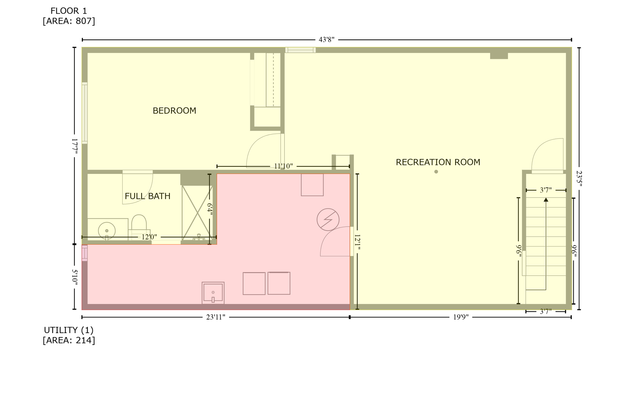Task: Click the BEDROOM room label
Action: coord(174,111)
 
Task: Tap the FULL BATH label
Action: coord(147,196)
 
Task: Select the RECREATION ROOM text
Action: coord(438,162)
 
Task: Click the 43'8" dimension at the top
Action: coord(326,40)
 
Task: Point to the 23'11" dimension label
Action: coord(216,317)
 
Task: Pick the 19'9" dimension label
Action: coord(461,317)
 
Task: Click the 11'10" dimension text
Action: coord(283,166)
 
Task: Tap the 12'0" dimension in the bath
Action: coord(149,237)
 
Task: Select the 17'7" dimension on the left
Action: coord(75,146)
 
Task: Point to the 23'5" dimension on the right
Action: coord(579,179)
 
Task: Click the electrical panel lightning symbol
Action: coord(328,219)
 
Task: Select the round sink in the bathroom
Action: coord(107,230)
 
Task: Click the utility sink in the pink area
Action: coord(213,293)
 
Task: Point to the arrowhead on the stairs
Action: coord(546,199)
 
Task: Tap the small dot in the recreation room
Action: coord(436,172)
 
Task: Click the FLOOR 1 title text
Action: coord(69,11)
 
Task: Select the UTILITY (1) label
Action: coord(69,330)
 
